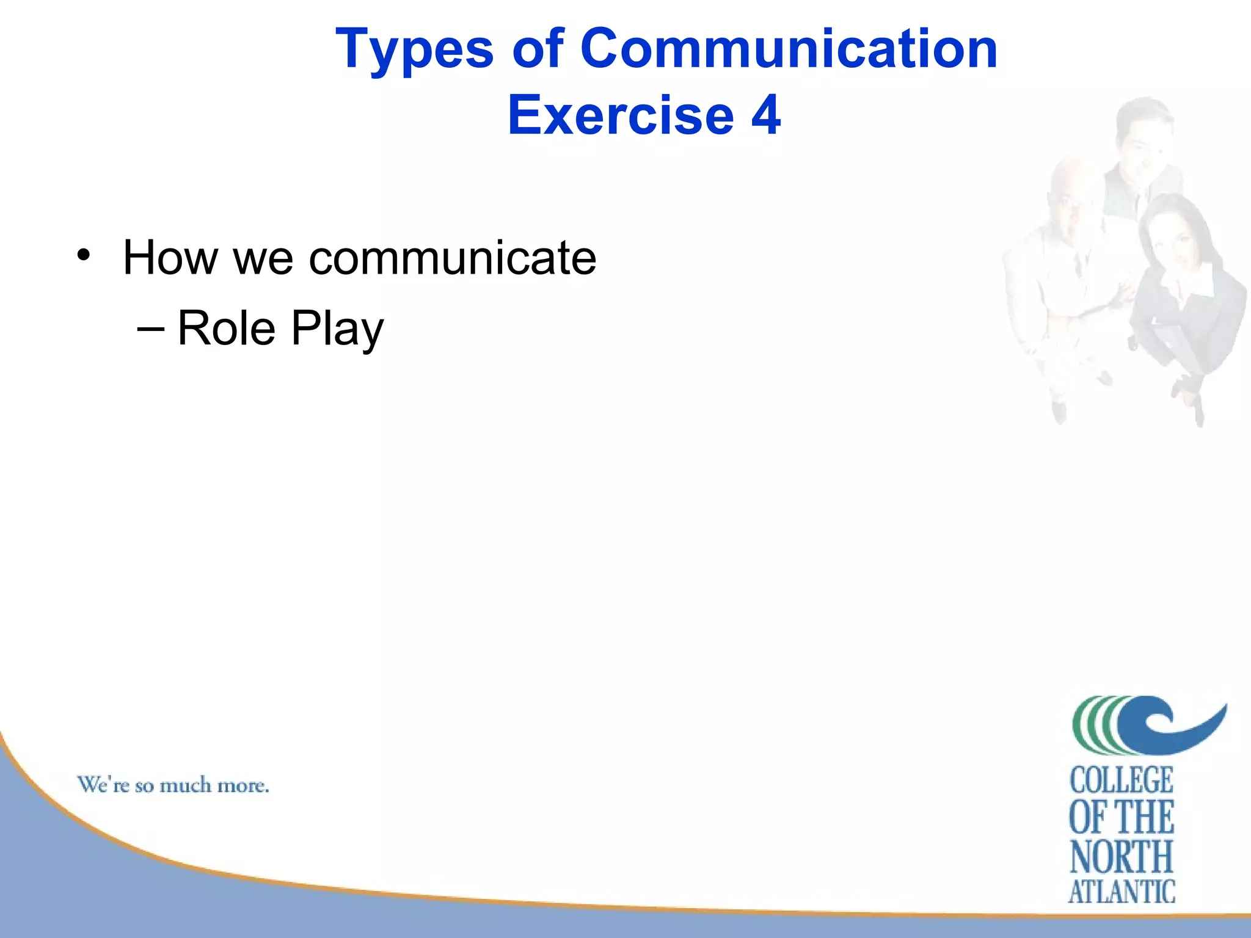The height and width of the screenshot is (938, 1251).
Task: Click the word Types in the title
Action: [x=414, y=50]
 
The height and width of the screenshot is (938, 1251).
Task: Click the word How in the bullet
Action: [x=170, y=258]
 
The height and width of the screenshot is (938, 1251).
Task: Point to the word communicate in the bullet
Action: [x=452, y=258]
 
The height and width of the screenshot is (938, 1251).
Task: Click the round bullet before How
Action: [x=84, y=255]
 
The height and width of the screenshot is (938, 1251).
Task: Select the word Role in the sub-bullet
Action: [x=226, y=329]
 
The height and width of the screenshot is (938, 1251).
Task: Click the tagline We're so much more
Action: [x=173, y=785]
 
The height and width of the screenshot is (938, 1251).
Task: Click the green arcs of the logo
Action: [x=1093, y=725]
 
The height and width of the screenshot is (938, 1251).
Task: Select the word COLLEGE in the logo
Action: [x=1122, y=780]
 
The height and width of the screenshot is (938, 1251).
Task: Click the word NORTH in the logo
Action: [x=1122, y=856]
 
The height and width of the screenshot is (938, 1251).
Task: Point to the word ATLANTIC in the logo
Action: [x=1122, y=892]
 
